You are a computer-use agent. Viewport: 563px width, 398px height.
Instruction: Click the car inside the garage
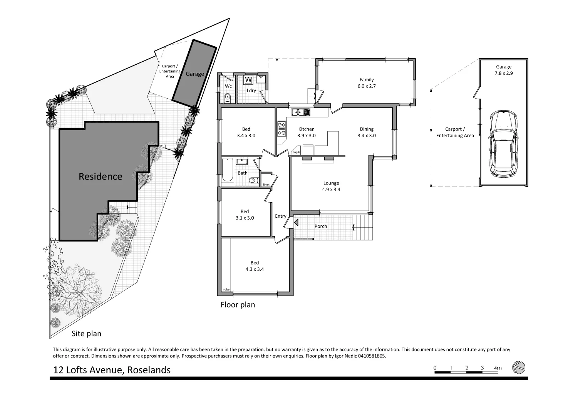point(503,144)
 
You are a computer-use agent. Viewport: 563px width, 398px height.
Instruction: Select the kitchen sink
point(301,113)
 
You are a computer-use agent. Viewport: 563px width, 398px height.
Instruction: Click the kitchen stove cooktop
point(281,129)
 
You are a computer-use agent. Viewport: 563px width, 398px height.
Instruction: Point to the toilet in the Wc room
point(227,97)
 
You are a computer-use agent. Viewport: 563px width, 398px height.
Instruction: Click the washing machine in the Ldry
point(248,80)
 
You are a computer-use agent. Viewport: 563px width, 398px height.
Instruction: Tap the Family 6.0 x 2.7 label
point(366,83)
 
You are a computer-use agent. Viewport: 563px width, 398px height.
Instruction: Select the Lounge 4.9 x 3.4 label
point(331,186)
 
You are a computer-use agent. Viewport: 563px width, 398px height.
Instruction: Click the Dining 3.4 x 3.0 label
point(367,132)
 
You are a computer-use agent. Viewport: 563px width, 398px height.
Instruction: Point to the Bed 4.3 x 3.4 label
point(255,266)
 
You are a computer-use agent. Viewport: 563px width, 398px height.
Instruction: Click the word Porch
point(320,226)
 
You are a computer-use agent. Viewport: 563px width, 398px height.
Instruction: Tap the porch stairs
point(363,227)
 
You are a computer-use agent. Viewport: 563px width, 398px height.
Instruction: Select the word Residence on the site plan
point(100,176)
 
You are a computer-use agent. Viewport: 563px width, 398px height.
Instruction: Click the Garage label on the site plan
point(195,74)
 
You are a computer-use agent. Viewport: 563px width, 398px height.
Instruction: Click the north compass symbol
point(518,367)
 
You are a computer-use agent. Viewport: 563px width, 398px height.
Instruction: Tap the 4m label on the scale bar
point(498,368)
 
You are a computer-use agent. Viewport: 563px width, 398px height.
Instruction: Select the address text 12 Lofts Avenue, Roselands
point(112,370)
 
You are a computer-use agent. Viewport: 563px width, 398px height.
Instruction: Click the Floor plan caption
point(238,305)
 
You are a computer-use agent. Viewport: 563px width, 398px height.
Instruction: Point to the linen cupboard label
point(266,185)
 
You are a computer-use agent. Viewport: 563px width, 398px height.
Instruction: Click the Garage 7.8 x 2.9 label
point(503,70)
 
